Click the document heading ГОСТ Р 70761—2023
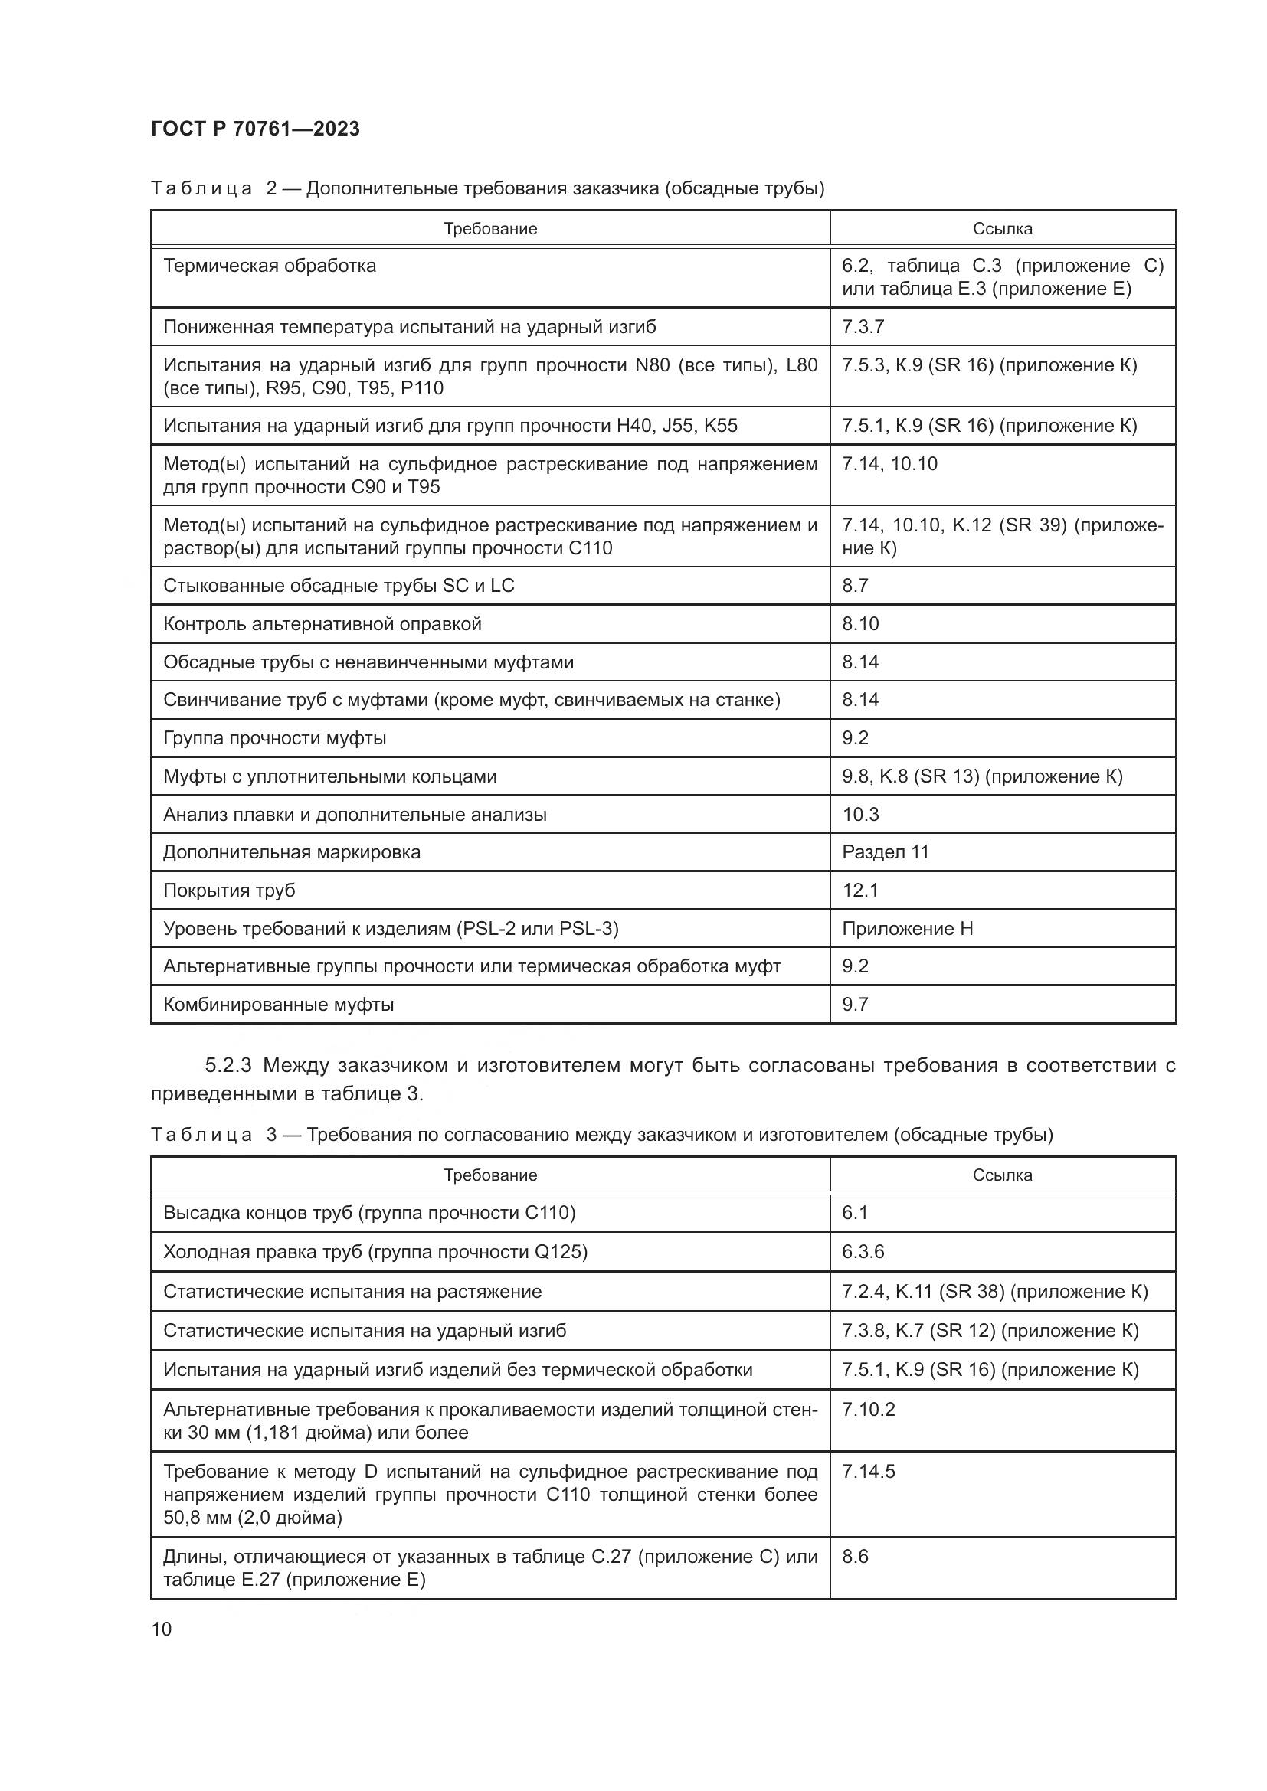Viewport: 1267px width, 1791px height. (255, 129)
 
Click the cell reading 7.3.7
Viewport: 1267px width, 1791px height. (863, 327)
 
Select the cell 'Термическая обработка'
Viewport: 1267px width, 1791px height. (269, 266)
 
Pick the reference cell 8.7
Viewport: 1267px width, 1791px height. (855, 586)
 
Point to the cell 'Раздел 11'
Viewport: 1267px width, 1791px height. (886, 851)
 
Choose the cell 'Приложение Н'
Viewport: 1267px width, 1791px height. (907, 928)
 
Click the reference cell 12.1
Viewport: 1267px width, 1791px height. (859, 890)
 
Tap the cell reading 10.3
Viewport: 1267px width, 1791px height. (859, 815)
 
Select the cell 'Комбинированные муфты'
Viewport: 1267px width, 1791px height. (279, 1005)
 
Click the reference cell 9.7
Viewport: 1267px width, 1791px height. (855, 1005)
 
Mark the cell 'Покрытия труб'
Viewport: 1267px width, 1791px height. (229, 890)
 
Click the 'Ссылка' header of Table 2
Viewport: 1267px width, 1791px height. (1002, 228)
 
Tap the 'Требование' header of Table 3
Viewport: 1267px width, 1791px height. (490, 1175)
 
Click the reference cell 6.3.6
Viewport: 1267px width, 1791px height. (863, 1252)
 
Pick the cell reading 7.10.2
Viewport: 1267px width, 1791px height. (869, 1410)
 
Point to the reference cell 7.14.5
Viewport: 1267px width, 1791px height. (869, 1472)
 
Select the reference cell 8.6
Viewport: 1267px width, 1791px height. (855, 1557)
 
